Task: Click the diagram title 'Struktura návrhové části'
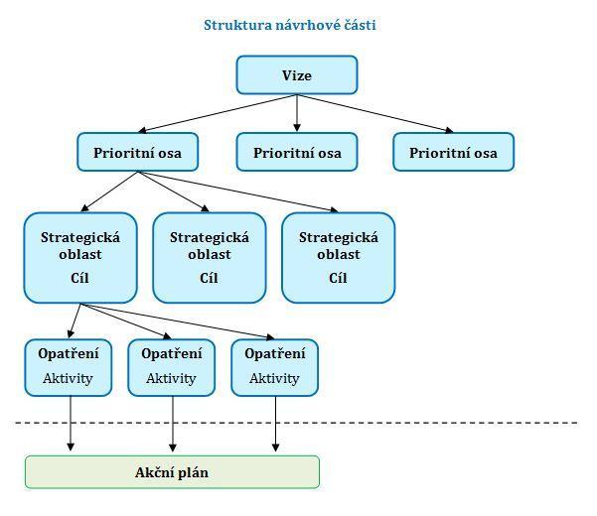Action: click(x=290, y=25)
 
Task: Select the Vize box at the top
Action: click(x=297, y=74)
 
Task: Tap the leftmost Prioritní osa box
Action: click(x=137, y=152)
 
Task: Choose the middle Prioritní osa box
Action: click(x=297, y=152)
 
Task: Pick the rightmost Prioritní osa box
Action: click(x=453, y=152)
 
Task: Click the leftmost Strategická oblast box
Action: click(x=80, y=258)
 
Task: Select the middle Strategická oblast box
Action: click(x=210, y=258)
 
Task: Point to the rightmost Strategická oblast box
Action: click(x=339, y=258)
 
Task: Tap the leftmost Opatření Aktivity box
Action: click(x=69, y=368)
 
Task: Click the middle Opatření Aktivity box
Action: click(x=172, y=368)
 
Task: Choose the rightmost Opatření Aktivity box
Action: click(x=275, y=368)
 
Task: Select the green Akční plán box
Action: click(x=172, y=472)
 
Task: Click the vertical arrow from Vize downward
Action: click(x=297, y=113)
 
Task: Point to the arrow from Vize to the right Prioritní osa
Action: click(x=375, y=113)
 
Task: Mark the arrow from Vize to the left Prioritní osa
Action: click(x=218, y=113)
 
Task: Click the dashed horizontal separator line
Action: click(x=297, y=423)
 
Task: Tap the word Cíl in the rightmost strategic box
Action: click(x=338, y=278)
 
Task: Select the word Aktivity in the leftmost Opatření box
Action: click(x=69, y=378)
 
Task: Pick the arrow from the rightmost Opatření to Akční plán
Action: click(x=276, y=424)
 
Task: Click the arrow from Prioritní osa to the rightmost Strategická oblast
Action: click(x=238, y=192)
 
